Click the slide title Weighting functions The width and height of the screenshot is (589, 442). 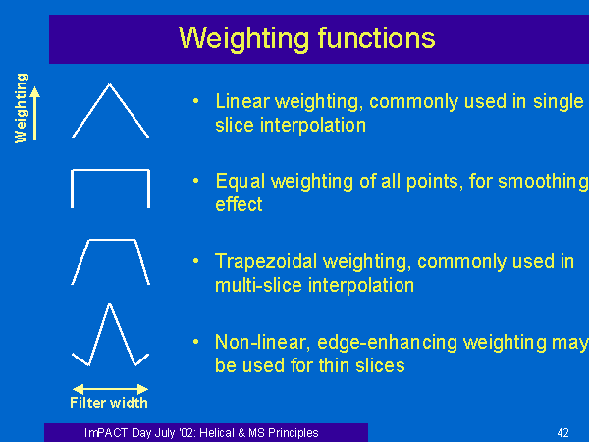point(306,38)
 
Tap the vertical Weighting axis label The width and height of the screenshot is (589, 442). point(21,108)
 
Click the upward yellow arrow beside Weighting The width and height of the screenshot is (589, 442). point(35,114)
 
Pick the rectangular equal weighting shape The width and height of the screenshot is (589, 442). point(110,171)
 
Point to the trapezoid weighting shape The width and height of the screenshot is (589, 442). point(112,240)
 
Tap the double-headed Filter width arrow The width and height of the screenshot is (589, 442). point(110,389)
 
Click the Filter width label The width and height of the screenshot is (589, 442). point(109,403)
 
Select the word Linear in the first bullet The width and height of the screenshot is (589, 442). point(242,101)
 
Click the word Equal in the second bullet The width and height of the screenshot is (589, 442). point(241,182)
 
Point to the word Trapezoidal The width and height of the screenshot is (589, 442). point(266,262)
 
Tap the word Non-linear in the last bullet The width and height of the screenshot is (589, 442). point(262,343)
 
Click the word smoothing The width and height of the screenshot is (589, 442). point(543,182)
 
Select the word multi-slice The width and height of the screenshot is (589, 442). point(258,285)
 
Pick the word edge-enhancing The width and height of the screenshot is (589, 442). point(388,343)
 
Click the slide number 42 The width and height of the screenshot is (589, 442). point(562,433)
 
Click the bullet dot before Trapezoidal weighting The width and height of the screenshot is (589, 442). point(195,261)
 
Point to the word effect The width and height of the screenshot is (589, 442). point(239,204)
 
